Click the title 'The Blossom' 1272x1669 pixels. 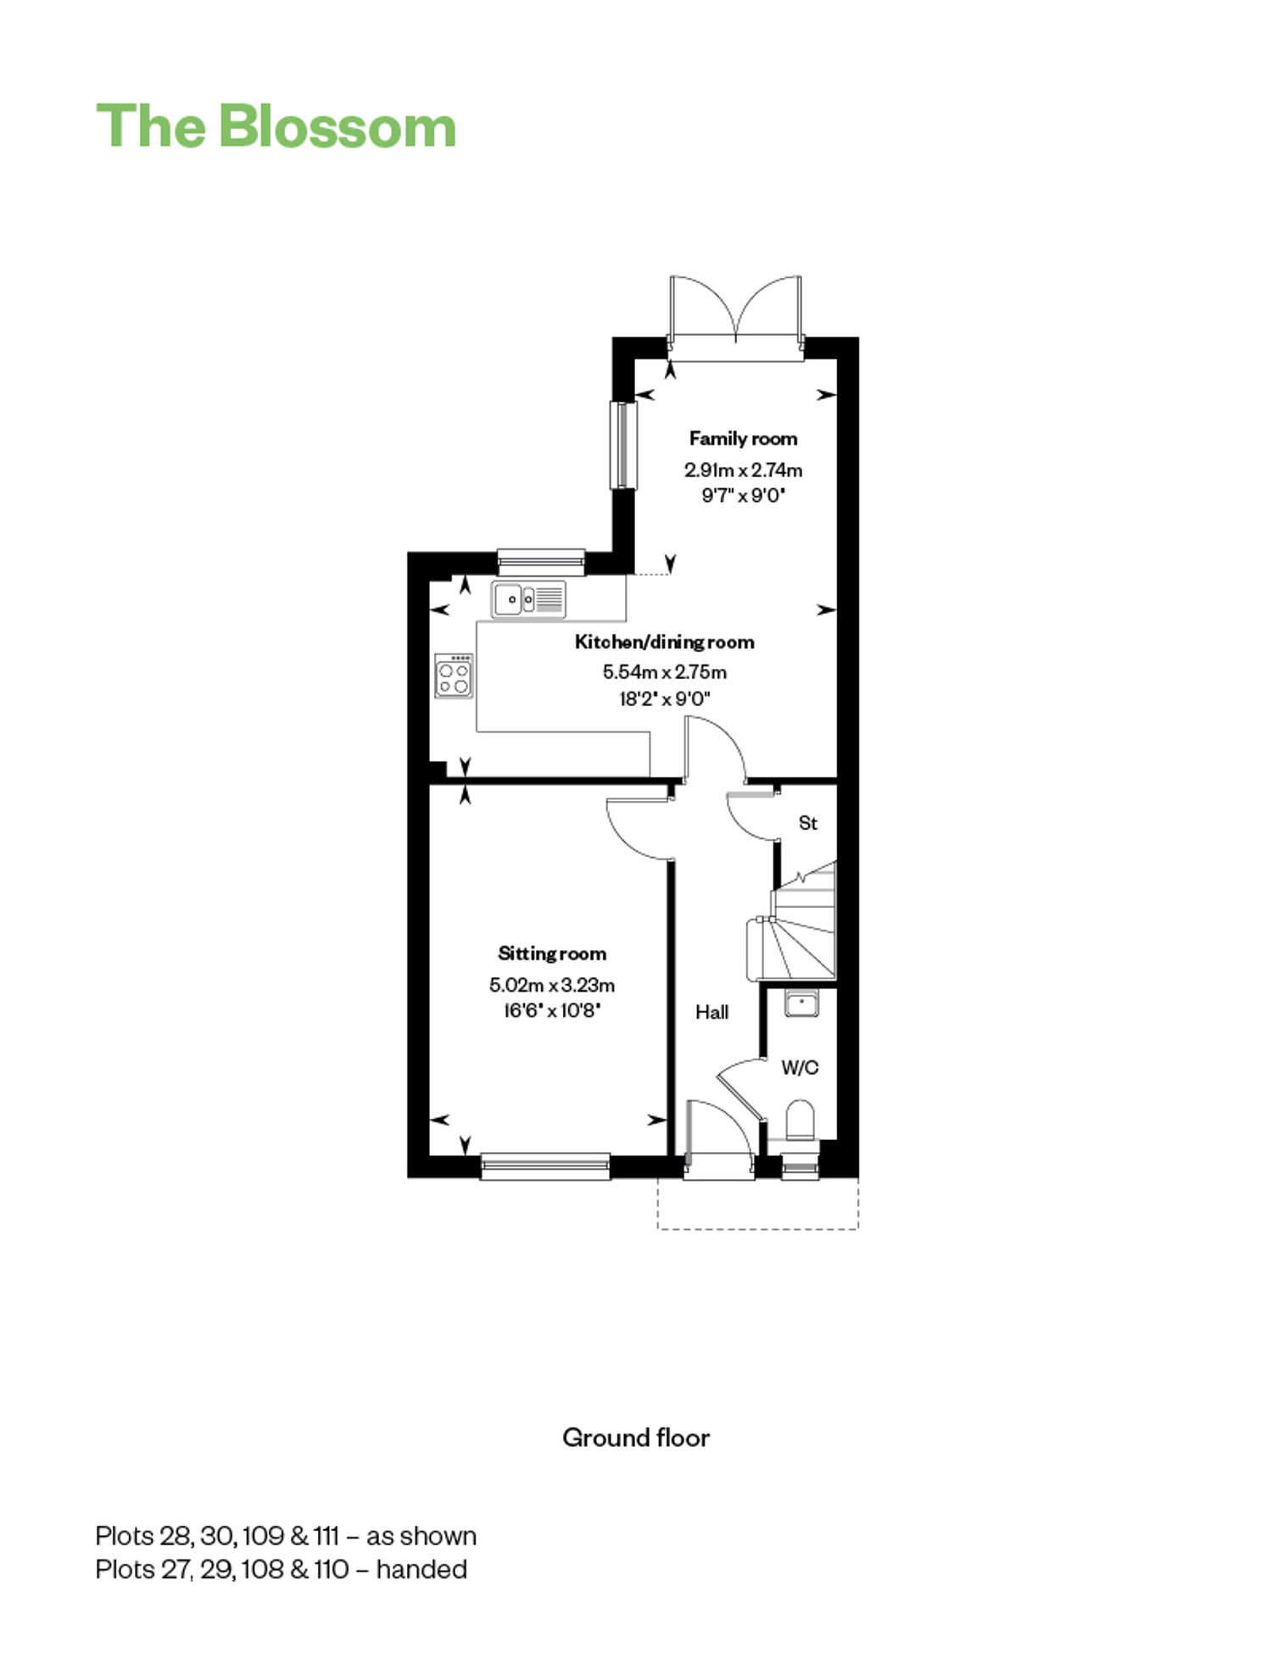coord(276,126)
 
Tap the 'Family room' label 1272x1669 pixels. coord(743,438)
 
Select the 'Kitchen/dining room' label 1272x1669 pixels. coord(664,642)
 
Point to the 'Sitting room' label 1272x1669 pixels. coord(552,954)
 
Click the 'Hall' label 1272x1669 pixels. coord(711,1011)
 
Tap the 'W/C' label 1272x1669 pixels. coord(800,1067)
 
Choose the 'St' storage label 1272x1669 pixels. coord(807,823)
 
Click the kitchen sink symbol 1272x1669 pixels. coord(528,599)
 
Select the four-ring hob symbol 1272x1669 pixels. coord(454,676)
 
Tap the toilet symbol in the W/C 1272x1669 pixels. coord(800,1120)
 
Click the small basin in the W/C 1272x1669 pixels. coord(801,1004)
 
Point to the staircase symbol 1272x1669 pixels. coord(793,924)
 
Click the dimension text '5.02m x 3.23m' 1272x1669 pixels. coord(552,985)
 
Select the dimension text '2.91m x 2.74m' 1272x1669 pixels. coord(744,470)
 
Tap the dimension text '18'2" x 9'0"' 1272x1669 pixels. coord(665,699)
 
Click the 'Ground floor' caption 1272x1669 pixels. coord(636,1438)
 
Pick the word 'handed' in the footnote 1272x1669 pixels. coord(421,1570)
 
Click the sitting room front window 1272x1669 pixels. coord(545,1166)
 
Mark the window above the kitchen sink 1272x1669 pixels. coord(541,562)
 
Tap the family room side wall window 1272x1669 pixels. coord(623,445)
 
